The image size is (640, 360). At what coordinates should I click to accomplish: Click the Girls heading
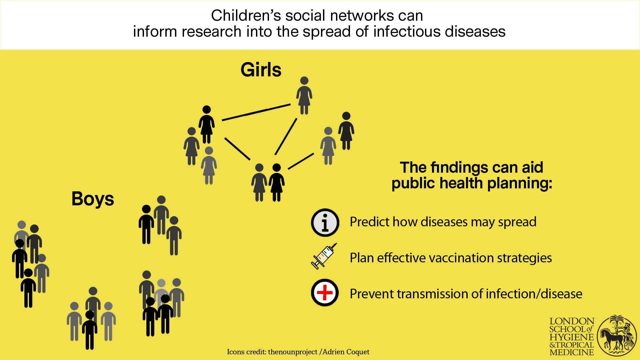tap(261, 70)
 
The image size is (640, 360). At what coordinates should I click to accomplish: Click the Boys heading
tap(93, 199)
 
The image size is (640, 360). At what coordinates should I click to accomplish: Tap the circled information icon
tap(325, 223)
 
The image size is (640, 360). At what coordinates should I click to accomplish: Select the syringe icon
tap(324, 256)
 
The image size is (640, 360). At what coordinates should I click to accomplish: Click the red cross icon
tap(325, 293)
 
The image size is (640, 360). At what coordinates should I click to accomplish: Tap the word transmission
tap(430, 294)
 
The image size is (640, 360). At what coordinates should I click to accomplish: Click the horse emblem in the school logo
tap(616, 335)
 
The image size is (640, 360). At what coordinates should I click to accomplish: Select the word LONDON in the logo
tap(572, 321)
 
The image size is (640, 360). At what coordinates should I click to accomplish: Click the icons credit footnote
tap(298, 352)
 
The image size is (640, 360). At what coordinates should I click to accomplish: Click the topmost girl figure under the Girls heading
tap(304, 96)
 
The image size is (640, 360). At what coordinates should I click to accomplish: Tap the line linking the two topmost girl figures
tap(256, 112)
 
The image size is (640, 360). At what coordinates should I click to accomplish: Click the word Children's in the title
tap(246, 16)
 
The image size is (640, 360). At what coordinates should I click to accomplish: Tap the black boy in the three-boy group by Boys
tap(146, 224)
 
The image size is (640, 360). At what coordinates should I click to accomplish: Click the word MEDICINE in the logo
tap(572, 352)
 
